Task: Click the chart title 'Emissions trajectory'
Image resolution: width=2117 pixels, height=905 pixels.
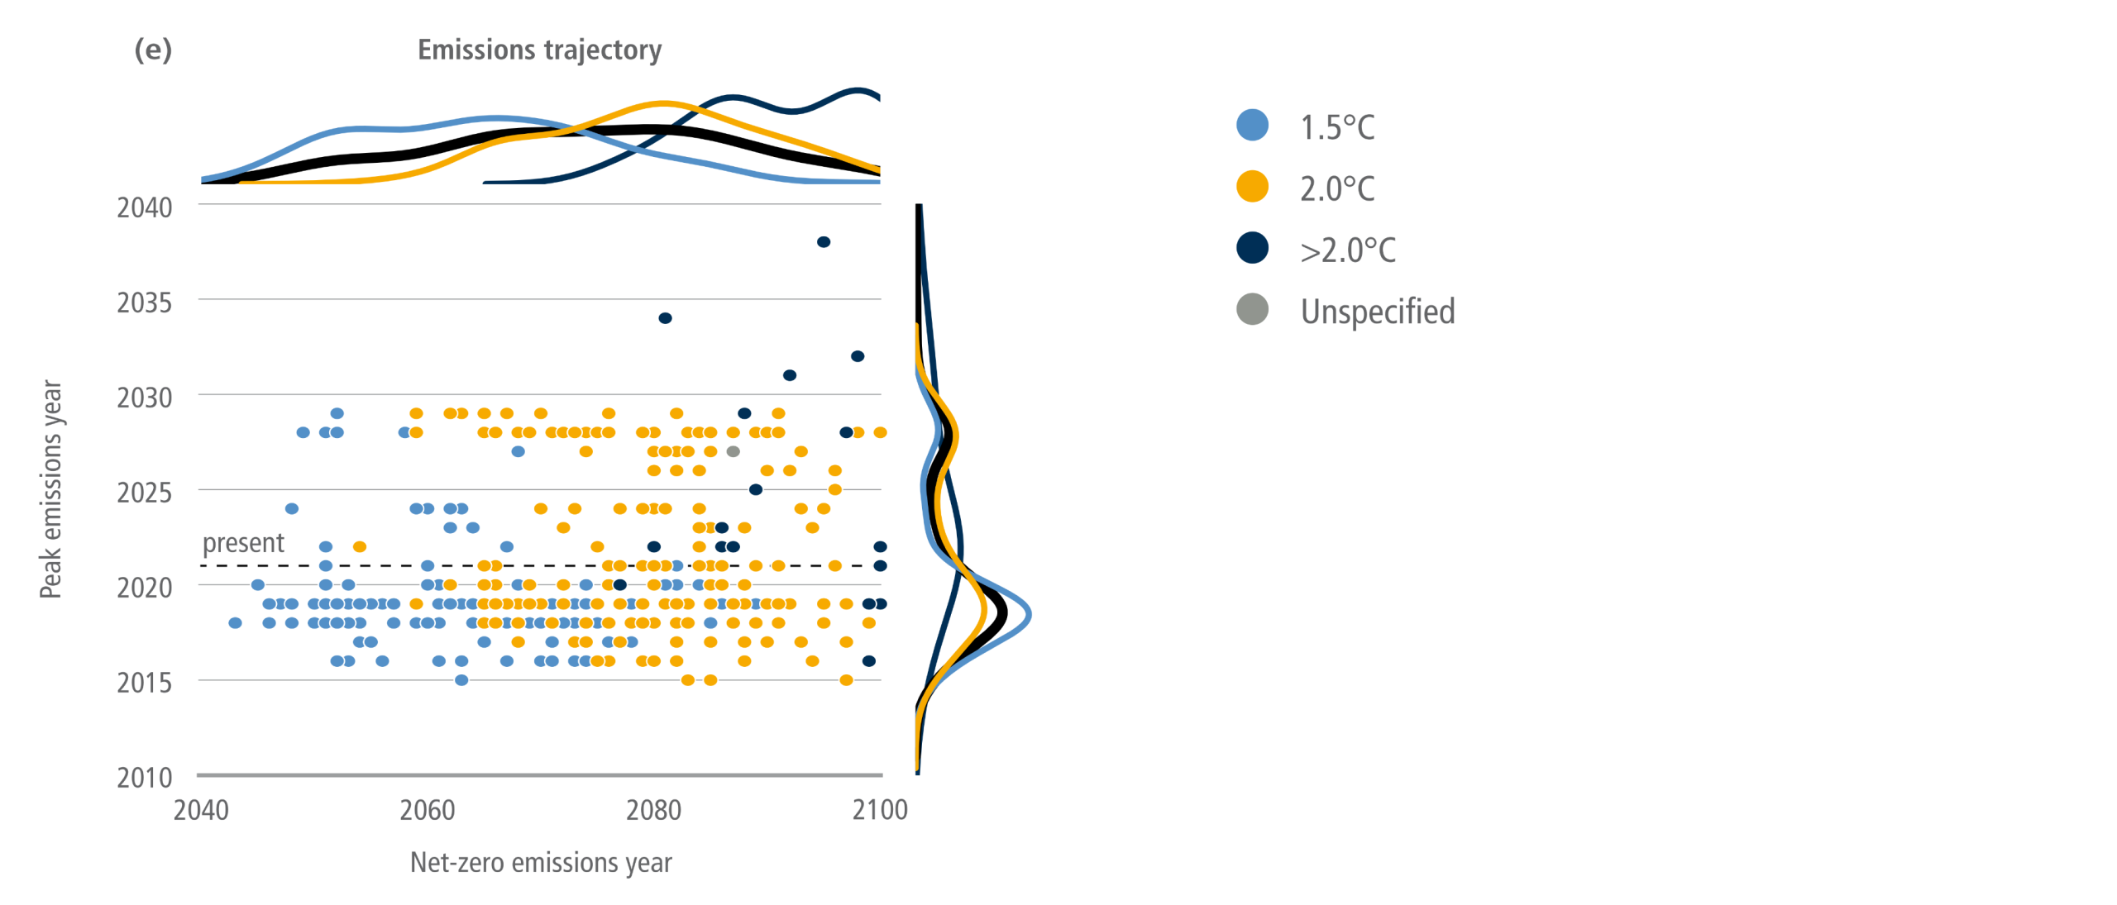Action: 539,50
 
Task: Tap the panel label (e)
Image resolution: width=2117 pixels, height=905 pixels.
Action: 153,50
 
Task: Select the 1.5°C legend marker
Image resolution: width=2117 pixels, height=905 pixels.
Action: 1252,125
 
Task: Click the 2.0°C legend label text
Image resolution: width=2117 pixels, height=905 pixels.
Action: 1337,188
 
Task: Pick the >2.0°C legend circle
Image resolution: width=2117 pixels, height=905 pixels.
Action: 1252,247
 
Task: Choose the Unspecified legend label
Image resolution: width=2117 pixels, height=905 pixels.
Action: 1378,312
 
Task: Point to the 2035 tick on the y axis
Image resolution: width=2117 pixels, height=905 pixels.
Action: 145,302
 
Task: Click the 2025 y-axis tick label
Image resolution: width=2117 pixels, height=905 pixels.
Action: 145,493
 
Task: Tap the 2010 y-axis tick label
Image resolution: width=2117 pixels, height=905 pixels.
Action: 145,778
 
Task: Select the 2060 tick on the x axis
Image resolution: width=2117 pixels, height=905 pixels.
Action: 428,810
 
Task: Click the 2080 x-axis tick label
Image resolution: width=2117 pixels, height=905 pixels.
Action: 653,810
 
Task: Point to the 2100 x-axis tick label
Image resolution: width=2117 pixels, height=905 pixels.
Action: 880,810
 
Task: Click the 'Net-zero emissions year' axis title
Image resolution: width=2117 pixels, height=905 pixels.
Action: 541,862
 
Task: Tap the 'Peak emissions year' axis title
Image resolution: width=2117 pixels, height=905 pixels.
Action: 51,489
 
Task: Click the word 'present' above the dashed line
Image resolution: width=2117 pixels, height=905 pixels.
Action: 243,543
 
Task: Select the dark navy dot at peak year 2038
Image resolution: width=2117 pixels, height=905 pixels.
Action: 824,242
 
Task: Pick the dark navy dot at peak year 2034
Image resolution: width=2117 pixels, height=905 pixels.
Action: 665,318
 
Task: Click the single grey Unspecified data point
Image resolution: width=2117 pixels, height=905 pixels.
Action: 733,451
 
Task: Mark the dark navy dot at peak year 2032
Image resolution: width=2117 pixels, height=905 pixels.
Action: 858,356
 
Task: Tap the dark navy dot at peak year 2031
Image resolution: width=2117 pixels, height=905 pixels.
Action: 790,375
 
